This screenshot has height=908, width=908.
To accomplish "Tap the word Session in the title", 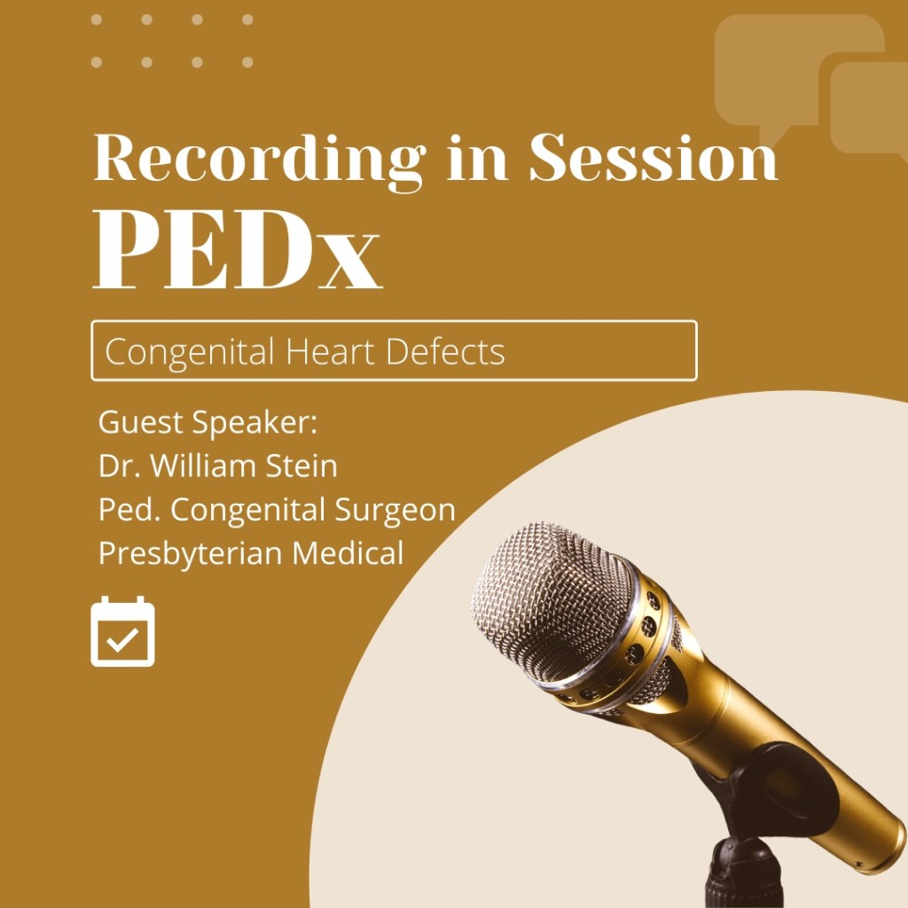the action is (654, 157).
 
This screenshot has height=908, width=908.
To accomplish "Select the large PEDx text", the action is (237, 249).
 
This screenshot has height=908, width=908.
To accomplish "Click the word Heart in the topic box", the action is (330, 351).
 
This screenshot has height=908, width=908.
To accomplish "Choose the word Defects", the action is (445, 351).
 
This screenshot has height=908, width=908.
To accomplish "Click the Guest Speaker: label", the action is (207, 422).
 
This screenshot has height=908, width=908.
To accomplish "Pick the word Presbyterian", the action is (191, 553).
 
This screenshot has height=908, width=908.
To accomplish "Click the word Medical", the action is (348, 553).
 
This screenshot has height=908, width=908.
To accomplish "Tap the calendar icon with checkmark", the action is (122, 631).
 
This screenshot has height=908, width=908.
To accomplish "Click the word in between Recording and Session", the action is (477, 157).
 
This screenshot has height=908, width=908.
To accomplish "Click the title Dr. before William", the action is (120, 466).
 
